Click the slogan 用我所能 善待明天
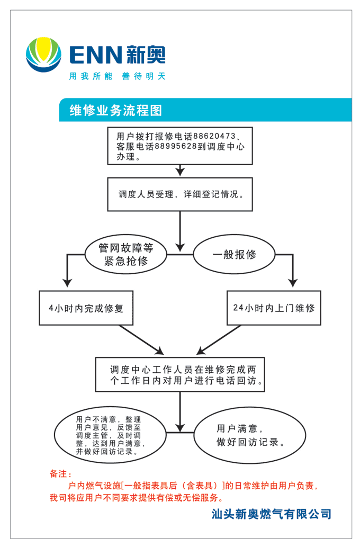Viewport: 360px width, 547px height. pyautogui.click(x=117, y=76)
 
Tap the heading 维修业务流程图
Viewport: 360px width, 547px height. pyautogui.click(x=115, y=111)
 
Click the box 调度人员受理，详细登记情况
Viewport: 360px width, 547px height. pyautogui.click(x=180, y=194)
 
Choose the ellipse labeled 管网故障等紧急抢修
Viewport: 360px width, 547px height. pyautogui.click(x=126, y=255)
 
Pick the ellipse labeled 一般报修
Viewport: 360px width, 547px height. pyautogui.click(x=234, y=255)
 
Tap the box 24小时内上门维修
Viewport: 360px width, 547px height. pyautogui.click(x=274, y=308)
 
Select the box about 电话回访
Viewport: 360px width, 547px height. pyautogui.click(x=180, y=374)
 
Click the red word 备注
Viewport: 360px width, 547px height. pyautogui.click(x=60, y=473)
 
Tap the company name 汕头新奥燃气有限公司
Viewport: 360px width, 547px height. pyautogui.click(x=271, y=513)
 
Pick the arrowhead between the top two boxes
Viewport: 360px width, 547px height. pyautogui.click(x=180, y=172)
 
